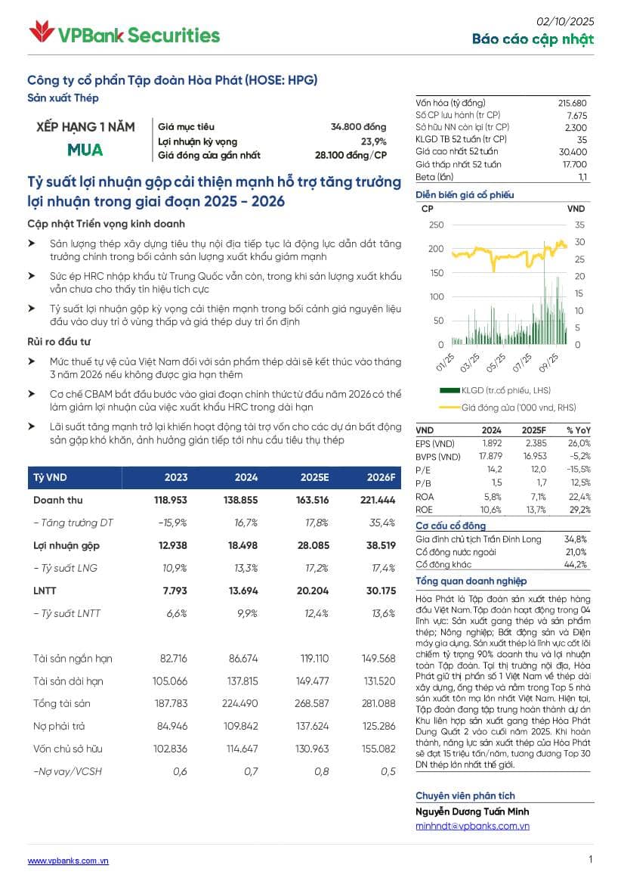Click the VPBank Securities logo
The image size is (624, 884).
(124, 34)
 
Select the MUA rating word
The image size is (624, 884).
(85, 150)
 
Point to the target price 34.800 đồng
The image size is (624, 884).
(358, 127)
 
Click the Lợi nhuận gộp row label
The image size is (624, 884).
(66, 545)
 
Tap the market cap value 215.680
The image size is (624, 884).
(572, 103)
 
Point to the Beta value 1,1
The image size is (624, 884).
(582, 176)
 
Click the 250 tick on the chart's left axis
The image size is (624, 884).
(436, 225)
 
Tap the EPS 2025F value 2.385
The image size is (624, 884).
(536, 443)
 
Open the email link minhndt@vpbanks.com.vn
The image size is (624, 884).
(472, 826)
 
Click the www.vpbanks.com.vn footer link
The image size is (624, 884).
(68, 861)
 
